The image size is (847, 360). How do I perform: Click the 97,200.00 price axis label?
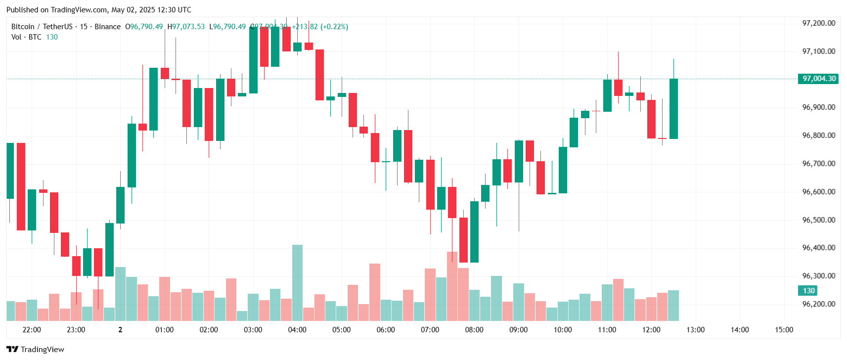(x=818, y=23)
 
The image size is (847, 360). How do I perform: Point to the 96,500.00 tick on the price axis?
(x=818, y=220)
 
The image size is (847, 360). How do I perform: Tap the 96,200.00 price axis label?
(x=818, y=304)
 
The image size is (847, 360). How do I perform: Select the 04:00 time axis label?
(x=297, y=330)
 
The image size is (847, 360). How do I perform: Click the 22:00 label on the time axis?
(x=32, y=330)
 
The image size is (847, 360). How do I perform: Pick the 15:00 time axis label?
(x=784, y=330)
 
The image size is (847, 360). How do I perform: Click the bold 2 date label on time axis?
(x=120, y=330)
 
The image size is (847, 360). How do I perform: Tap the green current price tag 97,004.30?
(x=818, y=79)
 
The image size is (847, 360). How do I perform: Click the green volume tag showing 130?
(x=808, y=291)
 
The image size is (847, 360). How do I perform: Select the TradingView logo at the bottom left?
(x=35, y=349)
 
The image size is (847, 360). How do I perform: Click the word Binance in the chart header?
(x=107, y=27)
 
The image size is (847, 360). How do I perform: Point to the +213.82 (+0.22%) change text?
(x=320, y=27)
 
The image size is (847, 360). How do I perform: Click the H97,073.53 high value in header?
(x=186, y=27)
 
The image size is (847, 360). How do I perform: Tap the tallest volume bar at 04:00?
(x=297, y=282)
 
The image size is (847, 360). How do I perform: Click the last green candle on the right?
(x=673, y=109)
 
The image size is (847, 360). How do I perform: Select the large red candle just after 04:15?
(x=319, y=75)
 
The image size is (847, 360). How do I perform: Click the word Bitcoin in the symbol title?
(x=23, y=27)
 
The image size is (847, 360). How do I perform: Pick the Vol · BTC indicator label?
(x=26, y=37)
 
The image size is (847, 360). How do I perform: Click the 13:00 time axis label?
(x=695, y=330)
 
